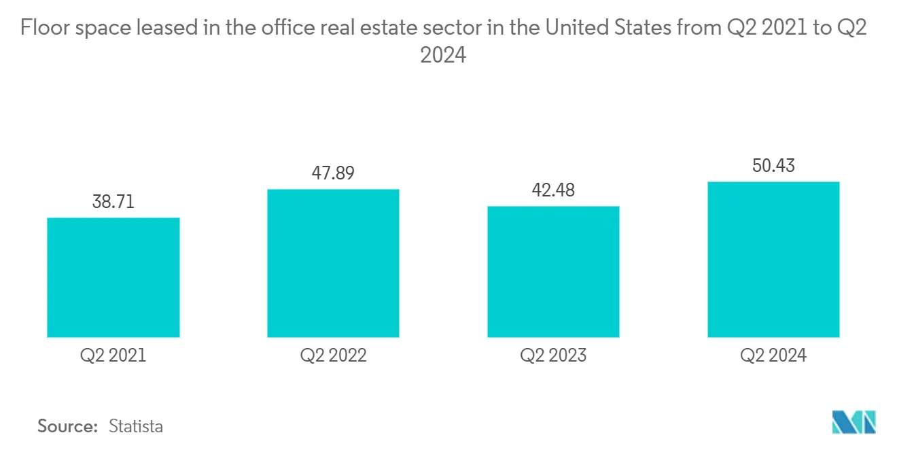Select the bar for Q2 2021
tap(113, 277)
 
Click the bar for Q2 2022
tap(333, 263)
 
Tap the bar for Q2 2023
tap(553, 271)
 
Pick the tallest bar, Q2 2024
tap(773, 259)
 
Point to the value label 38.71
tap(113, 202)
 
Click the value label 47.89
tap(333, 173)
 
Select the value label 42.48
tap(553, 190)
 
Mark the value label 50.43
tap(773, 165)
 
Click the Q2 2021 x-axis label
tap(113, 355)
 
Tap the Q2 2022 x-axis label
tap(333, 355)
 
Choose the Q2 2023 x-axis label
tap(553, 355)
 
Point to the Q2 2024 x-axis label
tap(773, 355)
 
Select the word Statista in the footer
tap(136, 426)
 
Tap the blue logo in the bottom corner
tap(854, 422)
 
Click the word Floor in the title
tap(46, 29)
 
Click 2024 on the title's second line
tap(443, 54)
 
